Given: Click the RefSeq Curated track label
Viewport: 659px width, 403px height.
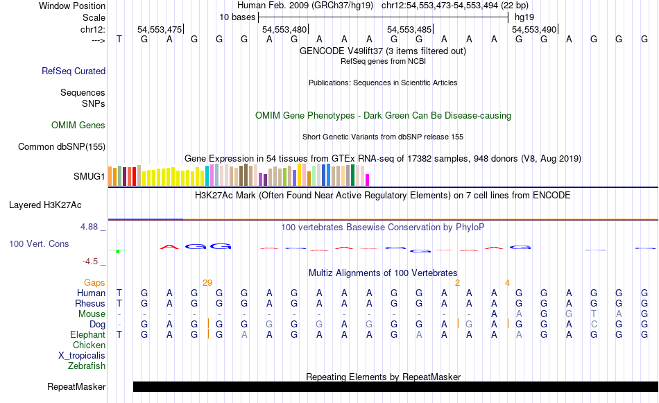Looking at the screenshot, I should [x=74, y=71].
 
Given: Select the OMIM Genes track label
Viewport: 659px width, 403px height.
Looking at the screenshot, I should [x=78, y=126].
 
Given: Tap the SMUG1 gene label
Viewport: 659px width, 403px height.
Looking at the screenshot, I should [x=89, y=176].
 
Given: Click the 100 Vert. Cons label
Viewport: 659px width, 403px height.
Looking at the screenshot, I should [x=39, y=244].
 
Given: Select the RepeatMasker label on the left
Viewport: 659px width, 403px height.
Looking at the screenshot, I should [x=76, y=386].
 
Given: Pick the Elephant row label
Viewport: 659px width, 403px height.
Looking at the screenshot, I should [x=87, y=334].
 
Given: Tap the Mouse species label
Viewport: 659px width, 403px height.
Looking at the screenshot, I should [x=92, y=314].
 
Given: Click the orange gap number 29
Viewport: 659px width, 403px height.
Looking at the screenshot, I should [x=207, y=282].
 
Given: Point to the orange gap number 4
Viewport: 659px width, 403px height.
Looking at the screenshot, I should [x=507, y=282].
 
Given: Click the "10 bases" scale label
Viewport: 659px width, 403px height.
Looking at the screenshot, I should [x=237, y=17].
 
